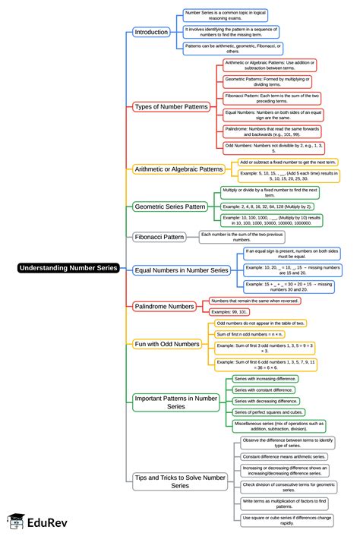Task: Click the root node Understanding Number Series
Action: pyautogui.click(x=68, y=267)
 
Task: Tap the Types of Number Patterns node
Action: pyautogui.click(x=171, y=106)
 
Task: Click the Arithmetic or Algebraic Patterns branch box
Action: pyautogui.click(x=178, y=169)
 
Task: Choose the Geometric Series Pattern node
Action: pyautogui.click(x=170, y=206)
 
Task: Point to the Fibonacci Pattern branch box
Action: pyautogui.click(x=159, y=237)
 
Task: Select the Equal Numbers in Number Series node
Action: pyautogui.click(x=181, y=270)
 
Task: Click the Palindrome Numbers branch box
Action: pyautogui.click(x=165, y=306)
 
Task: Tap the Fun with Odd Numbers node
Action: pyautogui.click(x=166, y=344)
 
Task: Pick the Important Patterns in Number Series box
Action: pyautogui.click(x=175, y=402)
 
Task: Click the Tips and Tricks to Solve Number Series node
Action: pyautogui.click(x=179, y=481)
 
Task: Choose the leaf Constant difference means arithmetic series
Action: pyautogui.click(x=284, y=457)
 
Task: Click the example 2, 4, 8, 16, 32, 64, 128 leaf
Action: pyautogui.click(x=268, y=206)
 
